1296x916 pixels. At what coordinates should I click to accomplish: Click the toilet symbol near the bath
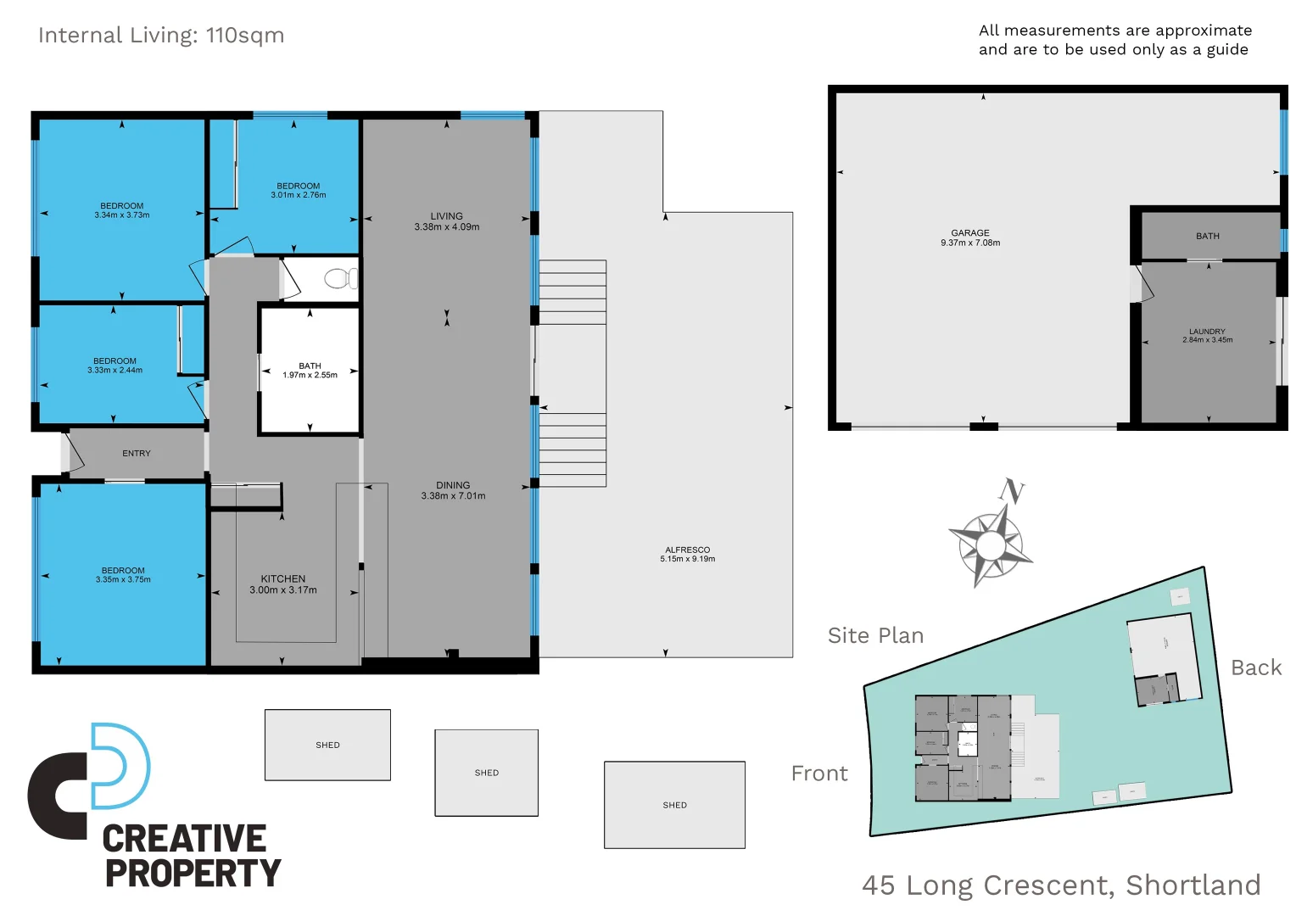(x=341, y=278)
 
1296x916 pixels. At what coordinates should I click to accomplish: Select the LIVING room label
(x=446, y=216)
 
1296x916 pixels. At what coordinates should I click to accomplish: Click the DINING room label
(x=453, y=485)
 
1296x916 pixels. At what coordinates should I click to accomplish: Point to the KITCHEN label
(x=282, y=578)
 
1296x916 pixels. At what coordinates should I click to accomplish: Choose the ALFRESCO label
(x=687, y=550)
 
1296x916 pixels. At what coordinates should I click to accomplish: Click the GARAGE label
(x=969, y=232)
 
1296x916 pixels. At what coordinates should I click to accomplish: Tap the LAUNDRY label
(x=1207, y=332)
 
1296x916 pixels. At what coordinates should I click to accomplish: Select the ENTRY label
(x=137, y=454)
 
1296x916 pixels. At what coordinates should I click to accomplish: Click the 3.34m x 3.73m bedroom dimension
(x=122, y=215)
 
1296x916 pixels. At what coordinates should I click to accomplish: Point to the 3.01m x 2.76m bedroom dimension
(x=299, y=195)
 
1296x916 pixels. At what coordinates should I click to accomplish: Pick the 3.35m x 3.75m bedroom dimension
(x=123, y=580)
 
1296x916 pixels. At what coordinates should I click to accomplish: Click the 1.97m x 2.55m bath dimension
(x=310, y=375)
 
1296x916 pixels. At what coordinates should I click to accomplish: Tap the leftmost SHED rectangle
(x=327, y=745)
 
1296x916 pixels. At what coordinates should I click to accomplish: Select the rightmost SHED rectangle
(x=674, y=805)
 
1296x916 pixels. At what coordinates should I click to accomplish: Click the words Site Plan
(x=875, y=635)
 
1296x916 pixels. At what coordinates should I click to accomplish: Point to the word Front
(x=818, y=774)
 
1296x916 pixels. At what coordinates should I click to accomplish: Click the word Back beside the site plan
(x=1256, y=667)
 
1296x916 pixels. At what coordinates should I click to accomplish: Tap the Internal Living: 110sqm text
(x=161, y=36)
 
